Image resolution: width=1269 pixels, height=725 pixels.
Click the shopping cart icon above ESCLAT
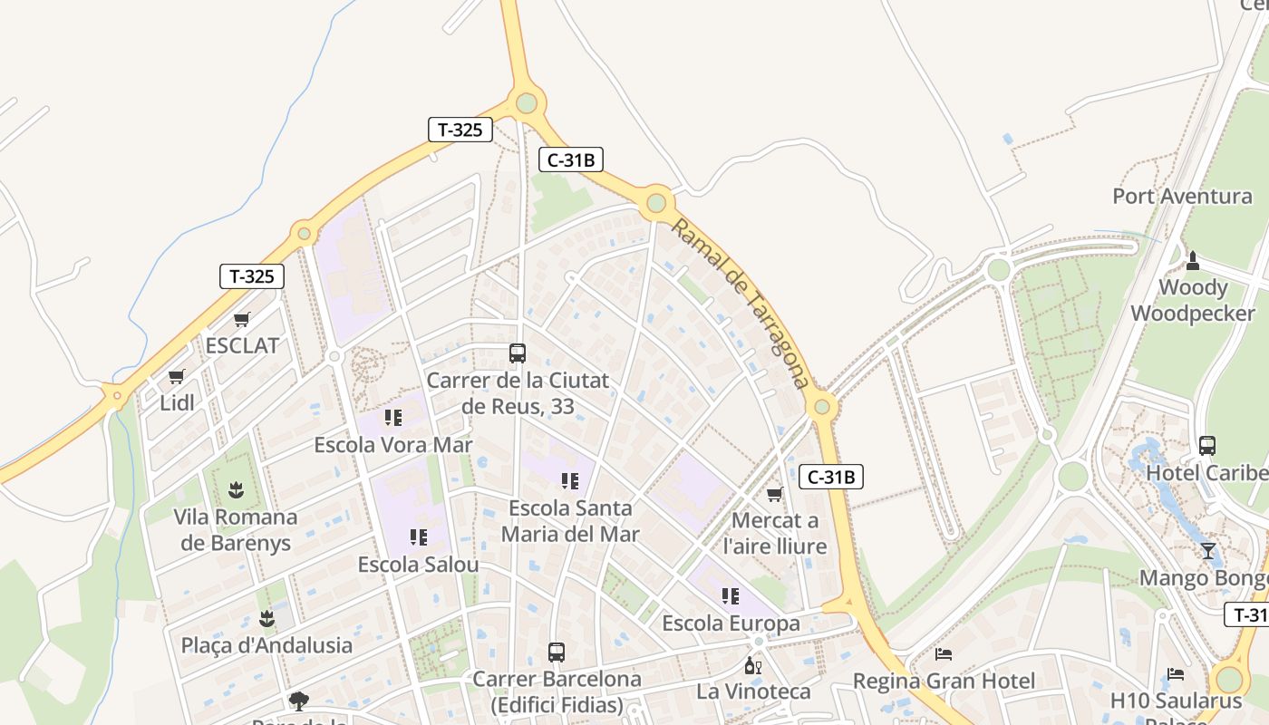[x=241, y=319]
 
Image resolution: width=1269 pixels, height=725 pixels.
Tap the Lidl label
[x=177, y=402]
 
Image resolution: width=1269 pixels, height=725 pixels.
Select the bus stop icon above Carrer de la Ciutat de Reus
[x=518, y=353]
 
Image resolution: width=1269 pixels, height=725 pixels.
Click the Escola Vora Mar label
[x=392, y=445]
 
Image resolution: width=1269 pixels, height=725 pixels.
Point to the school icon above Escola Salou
[x=418, y=537]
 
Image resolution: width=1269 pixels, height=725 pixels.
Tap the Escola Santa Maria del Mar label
[x=570, y=521]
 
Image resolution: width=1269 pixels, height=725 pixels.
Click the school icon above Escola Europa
[x=731, y=596]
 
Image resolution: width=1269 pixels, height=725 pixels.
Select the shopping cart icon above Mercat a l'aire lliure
[x=774, y=494]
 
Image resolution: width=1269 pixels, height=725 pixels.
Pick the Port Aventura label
[x=1182, y=196]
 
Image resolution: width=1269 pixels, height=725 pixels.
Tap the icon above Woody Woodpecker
[x=1193, y=261]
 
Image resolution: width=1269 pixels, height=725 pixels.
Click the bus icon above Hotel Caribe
[x=1207, y=445]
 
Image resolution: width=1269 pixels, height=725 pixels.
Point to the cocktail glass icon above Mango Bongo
[x=1207, y=550]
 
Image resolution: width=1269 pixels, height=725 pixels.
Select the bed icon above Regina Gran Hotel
[x=944, y=653]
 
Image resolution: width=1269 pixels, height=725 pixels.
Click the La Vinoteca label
[x=753, y=691]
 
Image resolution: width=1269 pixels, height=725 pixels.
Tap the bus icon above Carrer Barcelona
[x=556, y=652]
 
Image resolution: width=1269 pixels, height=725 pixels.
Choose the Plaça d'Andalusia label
[x=266, y=645]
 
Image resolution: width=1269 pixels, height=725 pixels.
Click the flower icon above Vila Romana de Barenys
[x=236, y=490]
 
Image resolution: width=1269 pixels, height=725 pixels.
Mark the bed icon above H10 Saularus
[x=1176, y=673]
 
